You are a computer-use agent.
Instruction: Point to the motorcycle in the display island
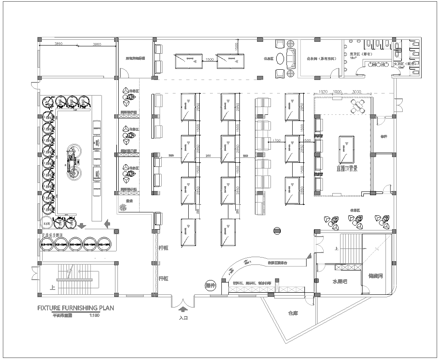tap(71, 158)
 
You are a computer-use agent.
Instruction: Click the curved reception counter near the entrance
tap(240, 268)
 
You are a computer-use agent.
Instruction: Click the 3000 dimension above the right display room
tap(358, 91)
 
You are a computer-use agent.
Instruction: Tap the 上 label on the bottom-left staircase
tap(53, 284)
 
